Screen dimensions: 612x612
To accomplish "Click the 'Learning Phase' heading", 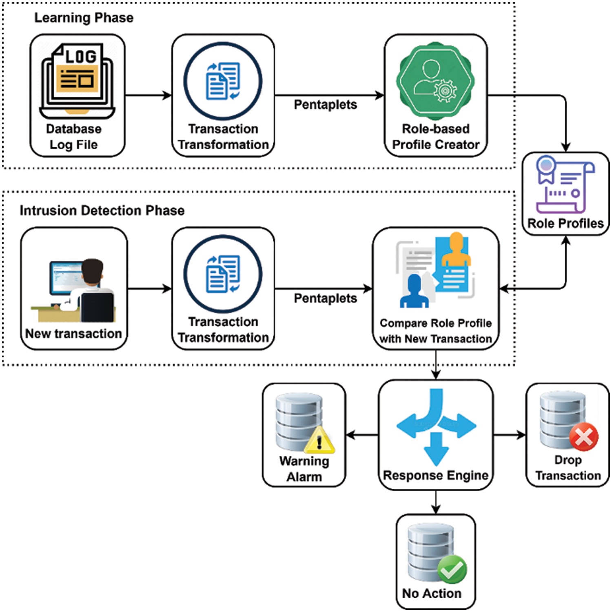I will tap(84, 18).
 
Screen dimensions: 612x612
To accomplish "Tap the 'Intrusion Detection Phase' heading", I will tap(102, 211).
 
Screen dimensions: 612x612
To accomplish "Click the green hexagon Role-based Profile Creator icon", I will tap(436, 82).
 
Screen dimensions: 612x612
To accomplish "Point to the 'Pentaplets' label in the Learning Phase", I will tap(325, 105).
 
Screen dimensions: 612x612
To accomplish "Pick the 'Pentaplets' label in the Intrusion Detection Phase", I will tap(325, 298).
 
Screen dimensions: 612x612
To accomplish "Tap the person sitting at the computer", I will tap(92, 290).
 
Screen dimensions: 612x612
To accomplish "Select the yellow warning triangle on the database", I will tap(319, 441).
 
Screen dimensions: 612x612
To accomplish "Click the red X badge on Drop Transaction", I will tap(583, 437).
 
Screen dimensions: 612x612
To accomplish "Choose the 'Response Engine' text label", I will tap(436, 475).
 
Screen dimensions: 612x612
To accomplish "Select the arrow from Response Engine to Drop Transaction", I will tap(510, 435).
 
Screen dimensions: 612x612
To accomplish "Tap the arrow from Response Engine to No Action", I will tap(436, 502).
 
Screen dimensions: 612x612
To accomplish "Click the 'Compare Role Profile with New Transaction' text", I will tap(436, 331).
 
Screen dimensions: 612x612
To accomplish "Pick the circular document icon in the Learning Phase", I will tap(223, 81).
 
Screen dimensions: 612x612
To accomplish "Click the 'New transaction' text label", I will tap(73, 334).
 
